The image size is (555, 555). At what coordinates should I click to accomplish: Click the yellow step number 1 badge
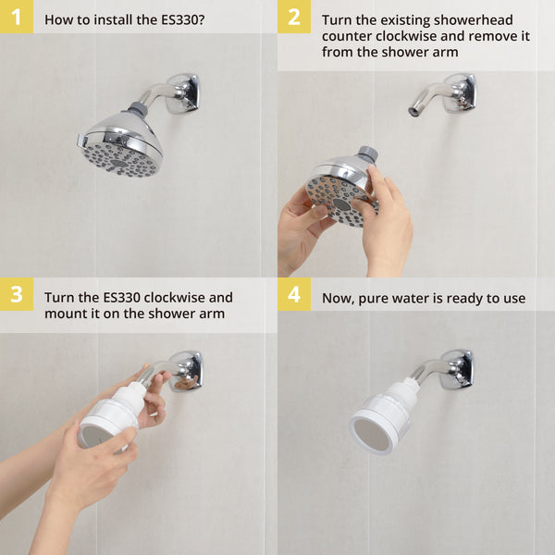[16, 17]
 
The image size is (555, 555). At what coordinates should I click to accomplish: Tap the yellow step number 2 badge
[293, 17]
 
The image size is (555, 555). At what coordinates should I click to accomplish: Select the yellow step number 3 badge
[16, 295]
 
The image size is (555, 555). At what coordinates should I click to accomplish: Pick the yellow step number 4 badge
[293, 295]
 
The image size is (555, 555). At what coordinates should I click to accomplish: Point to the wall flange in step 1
[183, 92]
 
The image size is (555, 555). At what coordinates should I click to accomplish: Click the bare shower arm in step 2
[430, 98]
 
